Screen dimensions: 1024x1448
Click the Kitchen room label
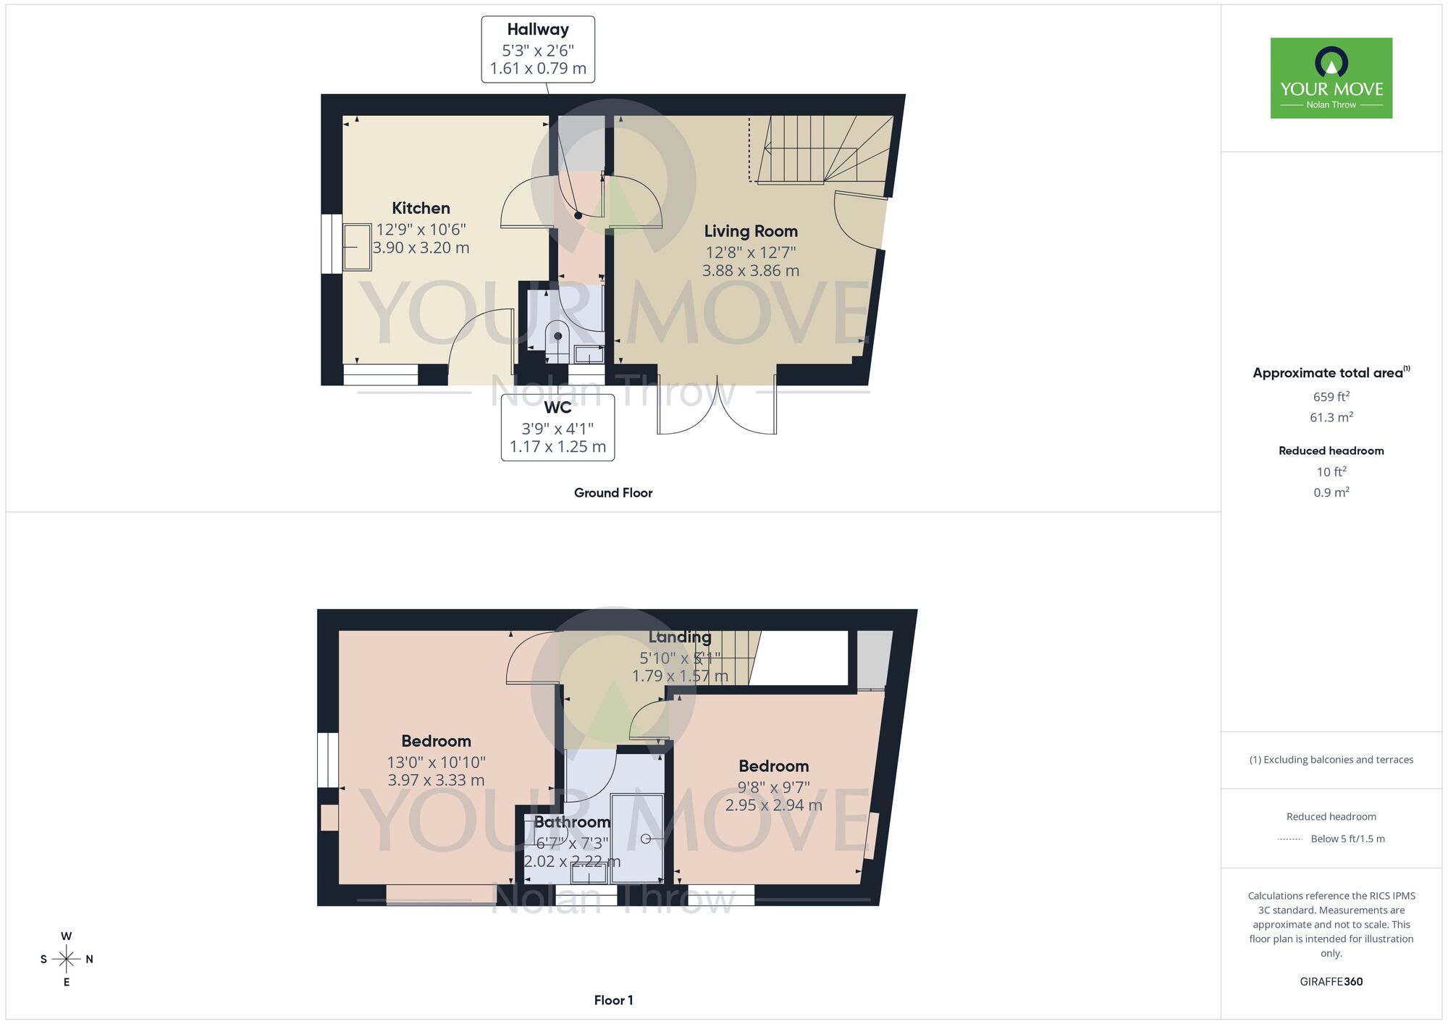coord(421,209)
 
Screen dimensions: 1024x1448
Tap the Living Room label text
coord(751,231)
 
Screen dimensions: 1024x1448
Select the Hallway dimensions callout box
coord(538,49)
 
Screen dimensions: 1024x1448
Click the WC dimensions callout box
coord(557,427)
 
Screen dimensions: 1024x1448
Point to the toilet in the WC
coord(557,336)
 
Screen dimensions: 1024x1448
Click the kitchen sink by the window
coord(356,247)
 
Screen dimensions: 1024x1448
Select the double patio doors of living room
coord(717,409)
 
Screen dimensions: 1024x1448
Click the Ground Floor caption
coord(613,492)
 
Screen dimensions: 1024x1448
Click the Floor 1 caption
coord(613,1000)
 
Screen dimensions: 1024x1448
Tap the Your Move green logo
coord(1331,78)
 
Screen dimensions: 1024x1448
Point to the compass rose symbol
coord(67,960)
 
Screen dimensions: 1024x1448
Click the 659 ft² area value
coord(1331,397)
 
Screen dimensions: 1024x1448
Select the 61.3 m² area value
coord(1331,418)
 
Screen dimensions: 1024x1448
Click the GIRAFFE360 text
coord(1331,982)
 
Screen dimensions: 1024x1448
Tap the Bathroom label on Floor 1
coord(572,822)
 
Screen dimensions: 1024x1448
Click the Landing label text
coord(679,637)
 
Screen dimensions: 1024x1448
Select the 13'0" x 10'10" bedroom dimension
coord(436,762)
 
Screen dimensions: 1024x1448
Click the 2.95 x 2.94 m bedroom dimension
coord(773,805)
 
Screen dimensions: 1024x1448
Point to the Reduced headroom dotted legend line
coord(1290,839)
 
